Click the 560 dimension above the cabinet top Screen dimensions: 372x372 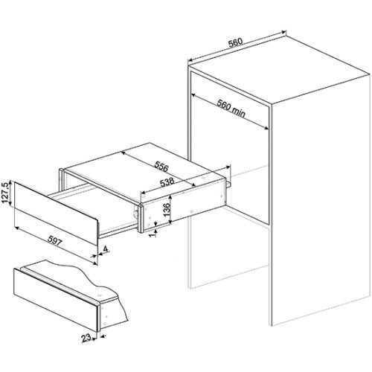[x=235, y=42]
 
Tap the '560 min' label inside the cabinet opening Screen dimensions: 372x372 [x=231, y=108]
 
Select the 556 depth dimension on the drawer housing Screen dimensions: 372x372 [x=161, y=167]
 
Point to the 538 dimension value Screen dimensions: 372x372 [x=167, y=182]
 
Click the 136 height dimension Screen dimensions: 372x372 [x=167, y=209]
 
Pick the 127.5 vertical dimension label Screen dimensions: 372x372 [x=5, y=193]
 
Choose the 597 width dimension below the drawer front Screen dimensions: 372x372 [x=54, y=241]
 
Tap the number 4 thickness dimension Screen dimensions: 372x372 [x=106, y=249]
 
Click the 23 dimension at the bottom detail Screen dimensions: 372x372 [x=86, y=338]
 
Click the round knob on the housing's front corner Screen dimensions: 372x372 [x=136, y=214]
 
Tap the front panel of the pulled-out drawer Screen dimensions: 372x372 [x=56, y=214]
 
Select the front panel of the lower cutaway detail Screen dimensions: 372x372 [x=56, y=300]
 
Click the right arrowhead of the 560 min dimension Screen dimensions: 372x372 [x=266, y=128]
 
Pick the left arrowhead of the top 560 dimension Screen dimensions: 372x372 [x=190, y=60]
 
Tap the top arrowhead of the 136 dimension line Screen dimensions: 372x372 [x=170, y=196]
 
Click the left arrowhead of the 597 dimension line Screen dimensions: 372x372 [x=17, y=228]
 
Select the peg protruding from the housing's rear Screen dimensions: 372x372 [x=229, y=184]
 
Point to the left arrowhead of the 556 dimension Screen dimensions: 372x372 [x=123, y=153]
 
